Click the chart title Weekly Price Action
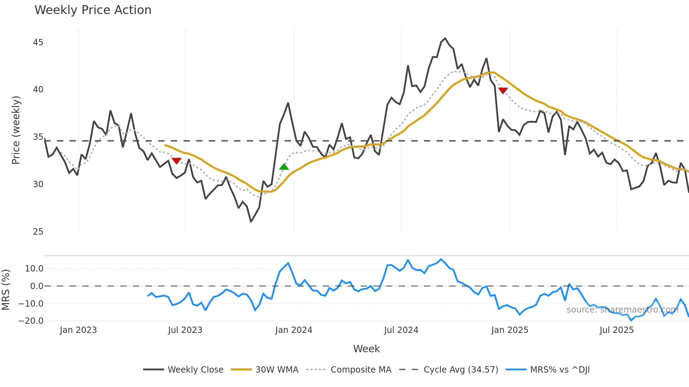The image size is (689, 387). pyautogui.click(x=93, y=10)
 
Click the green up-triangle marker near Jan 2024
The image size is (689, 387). pyautogui.click(x=284, y=167)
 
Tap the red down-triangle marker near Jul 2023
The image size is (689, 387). pyautogui.click(x=176, y=161)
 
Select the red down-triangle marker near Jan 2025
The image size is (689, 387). pyautogui.click(x=503, y=91)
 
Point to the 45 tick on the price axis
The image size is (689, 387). pyautogui.click(x=38, y=42)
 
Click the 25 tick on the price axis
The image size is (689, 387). pyautogui.click(x=38, y=232)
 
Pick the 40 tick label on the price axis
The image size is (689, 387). pyautogui.click(x=38, y=90)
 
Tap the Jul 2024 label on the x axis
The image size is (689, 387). pyautogui.click(x=401, y=330)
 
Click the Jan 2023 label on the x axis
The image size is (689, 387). pyautogui.click(x=78, y=330)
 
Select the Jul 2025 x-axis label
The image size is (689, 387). pyautogui.click(x=617, y=330)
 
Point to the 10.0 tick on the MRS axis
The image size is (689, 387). pyautogui.click(x=34, y=269)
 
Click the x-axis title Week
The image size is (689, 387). pyautogui.click(x=366, y=349)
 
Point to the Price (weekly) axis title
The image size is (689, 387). pyautogui.click(x=16, y=130)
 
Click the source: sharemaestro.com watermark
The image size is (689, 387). pyautogui.click(x=622, y=310)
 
